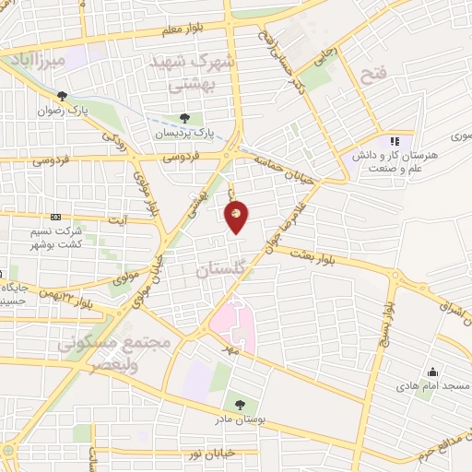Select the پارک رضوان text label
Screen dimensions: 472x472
62,110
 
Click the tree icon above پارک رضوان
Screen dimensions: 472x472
62,96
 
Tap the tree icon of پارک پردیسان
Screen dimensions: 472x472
185,118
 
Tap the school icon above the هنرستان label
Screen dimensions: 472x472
395,141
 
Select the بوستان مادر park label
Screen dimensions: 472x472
241,419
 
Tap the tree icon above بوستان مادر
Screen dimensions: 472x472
241,404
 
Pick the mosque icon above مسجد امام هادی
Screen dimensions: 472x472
431,372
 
